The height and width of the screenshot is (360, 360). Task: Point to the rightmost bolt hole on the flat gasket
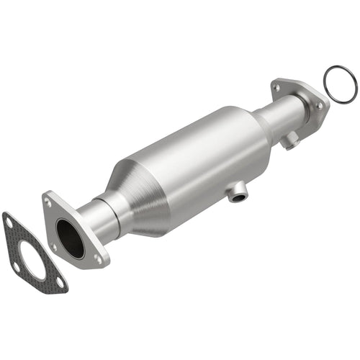tap(59, 283)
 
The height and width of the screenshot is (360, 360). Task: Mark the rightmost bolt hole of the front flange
tap(98, 258)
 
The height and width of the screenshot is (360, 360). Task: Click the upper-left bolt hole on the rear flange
tap(276, 87)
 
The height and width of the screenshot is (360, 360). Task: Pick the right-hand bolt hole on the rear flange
tap(320, 105)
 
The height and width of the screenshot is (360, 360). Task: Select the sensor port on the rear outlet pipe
tap(289, 141)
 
